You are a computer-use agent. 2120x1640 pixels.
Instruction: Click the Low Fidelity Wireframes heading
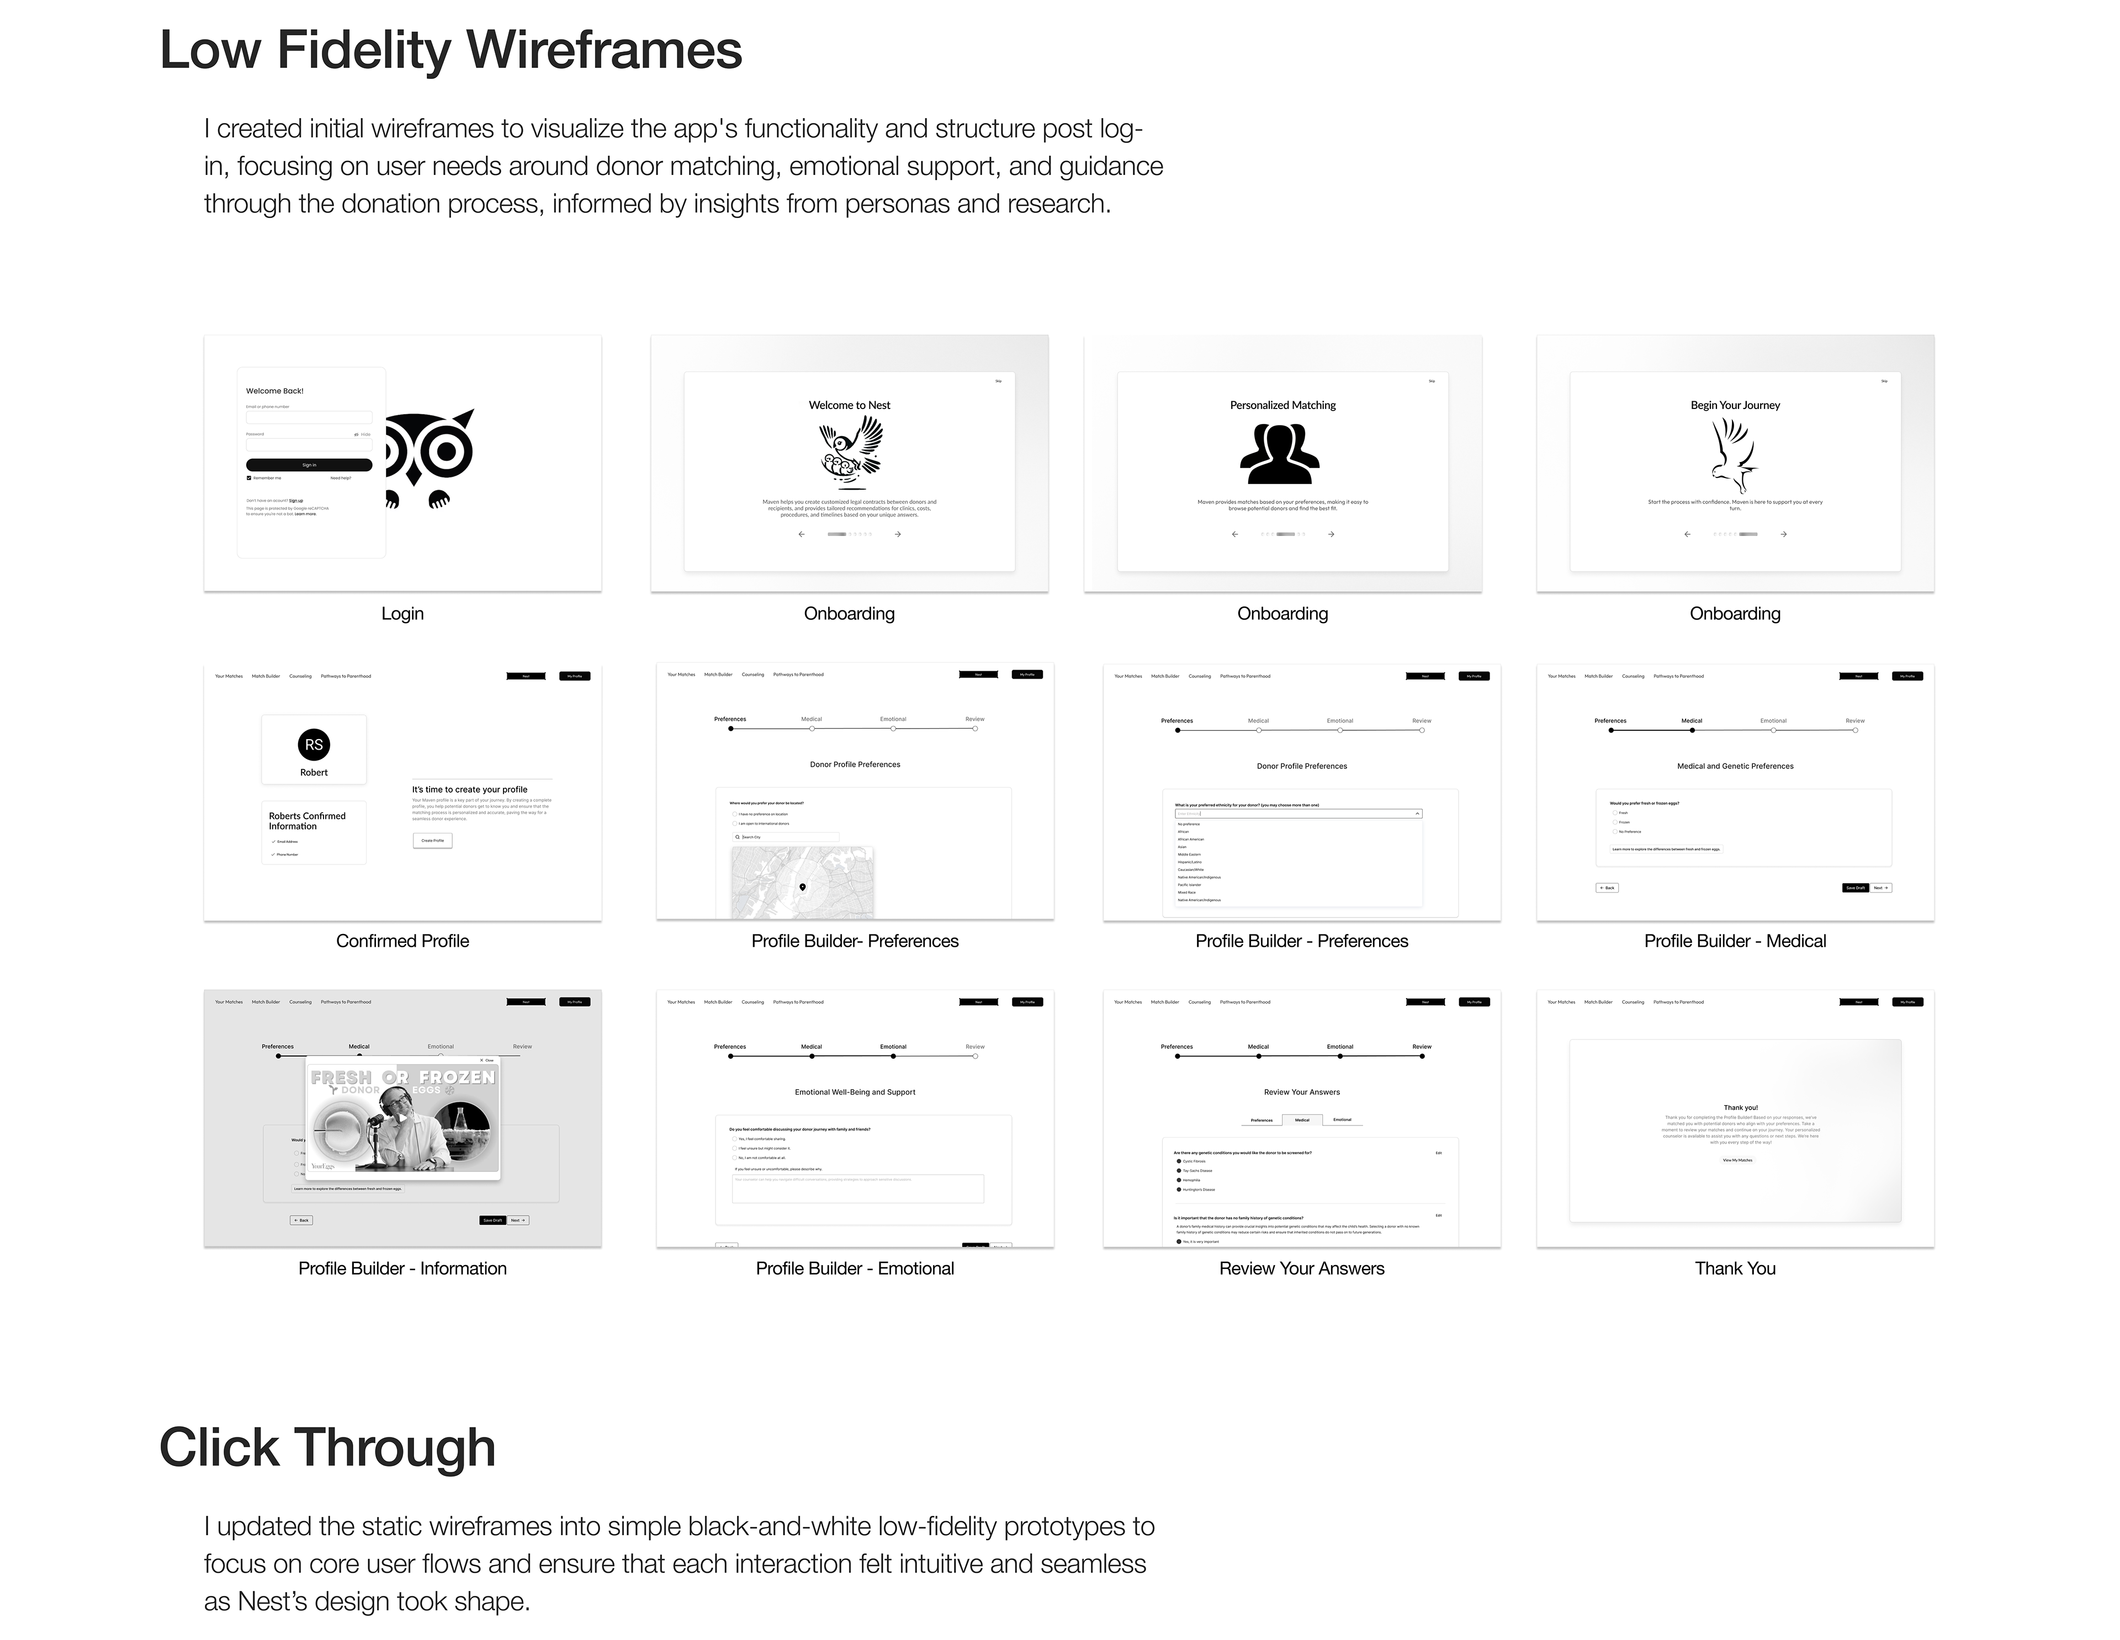(451, 50)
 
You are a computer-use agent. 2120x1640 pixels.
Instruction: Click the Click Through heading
(327, 1448)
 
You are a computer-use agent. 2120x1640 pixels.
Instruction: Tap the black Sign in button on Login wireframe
(309, 465)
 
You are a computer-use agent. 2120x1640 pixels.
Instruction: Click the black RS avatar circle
(314, 744)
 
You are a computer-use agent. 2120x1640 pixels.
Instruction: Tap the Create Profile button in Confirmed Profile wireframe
(432, 840)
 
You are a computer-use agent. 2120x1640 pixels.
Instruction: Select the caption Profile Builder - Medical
(1735, 940)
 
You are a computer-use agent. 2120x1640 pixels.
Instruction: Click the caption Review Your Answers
(1302, 1269)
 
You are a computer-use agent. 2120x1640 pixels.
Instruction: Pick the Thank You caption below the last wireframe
(1735, 1269)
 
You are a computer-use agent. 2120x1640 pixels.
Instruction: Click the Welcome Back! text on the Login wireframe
(275, 391)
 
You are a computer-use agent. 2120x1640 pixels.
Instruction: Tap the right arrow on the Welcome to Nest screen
(898, 534)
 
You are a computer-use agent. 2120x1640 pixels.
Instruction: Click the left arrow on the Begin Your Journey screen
(1687, 534)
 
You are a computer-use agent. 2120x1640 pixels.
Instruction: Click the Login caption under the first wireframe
(402, 613)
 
